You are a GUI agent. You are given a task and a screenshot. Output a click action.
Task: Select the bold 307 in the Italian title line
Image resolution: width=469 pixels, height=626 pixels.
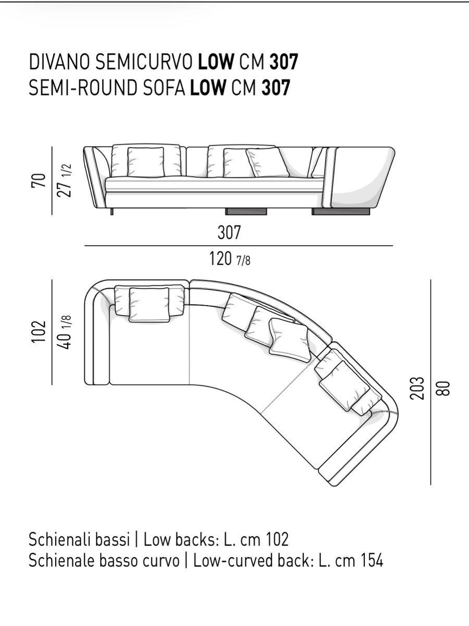point(283,62)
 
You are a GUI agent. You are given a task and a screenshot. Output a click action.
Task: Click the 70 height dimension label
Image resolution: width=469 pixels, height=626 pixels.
point(39,180)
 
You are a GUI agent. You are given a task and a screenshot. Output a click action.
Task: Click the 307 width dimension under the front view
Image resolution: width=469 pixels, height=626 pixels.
point(229,232)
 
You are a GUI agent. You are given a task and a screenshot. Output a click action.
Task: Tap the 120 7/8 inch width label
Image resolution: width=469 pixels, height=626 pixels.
point(230,258)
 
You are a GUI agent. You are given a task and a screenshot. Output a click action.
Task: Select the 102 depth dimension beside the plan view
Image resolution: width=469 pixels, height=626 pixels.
point(39,332)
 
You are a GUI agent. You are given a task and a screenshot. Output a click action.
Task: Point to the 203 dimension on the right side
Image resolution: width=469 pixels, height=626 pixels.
point(417,388)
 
